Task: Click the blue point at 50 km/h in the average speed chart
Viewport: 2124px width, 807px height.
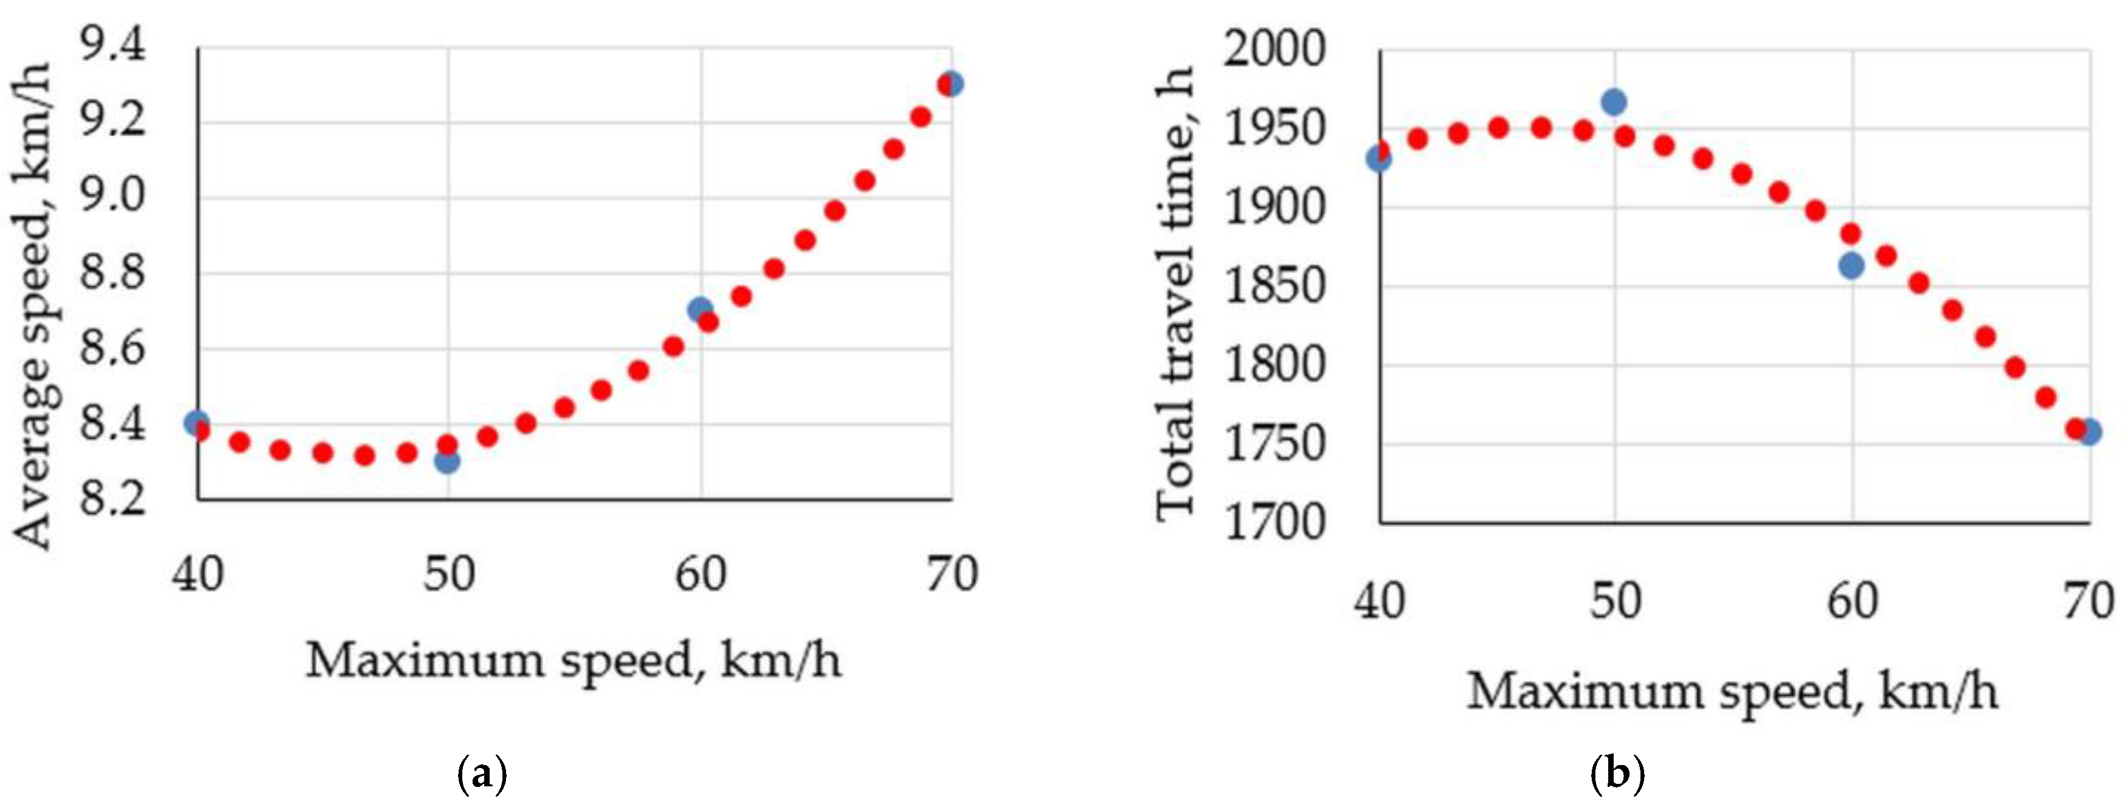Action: [447, 461]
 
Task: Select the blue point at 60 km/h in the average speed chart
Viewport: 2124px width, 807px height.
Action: [700, 309]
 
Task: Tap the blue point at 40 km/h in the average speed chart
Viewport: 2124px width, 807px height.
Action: [196, 423]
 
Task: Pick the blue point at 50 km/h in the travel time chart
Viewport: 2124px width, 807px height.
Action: [1614, 102]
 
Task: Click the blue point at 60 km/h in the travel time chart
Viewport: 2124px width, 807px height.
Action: [1851, 265]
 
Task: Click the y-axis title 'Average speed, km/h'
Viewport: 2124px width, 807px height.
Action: [35, 305]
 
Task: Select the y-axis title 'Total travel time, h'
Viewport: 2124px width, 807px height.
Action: [1175, 293]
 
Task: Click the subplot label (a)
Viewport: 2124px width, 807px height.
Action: [482, 775]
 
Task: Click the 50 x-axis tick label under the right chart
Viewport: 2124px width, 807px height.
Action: [1616, 601]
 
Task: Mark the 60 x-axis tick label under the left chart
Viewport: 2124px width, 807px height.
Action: [701, 575]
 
